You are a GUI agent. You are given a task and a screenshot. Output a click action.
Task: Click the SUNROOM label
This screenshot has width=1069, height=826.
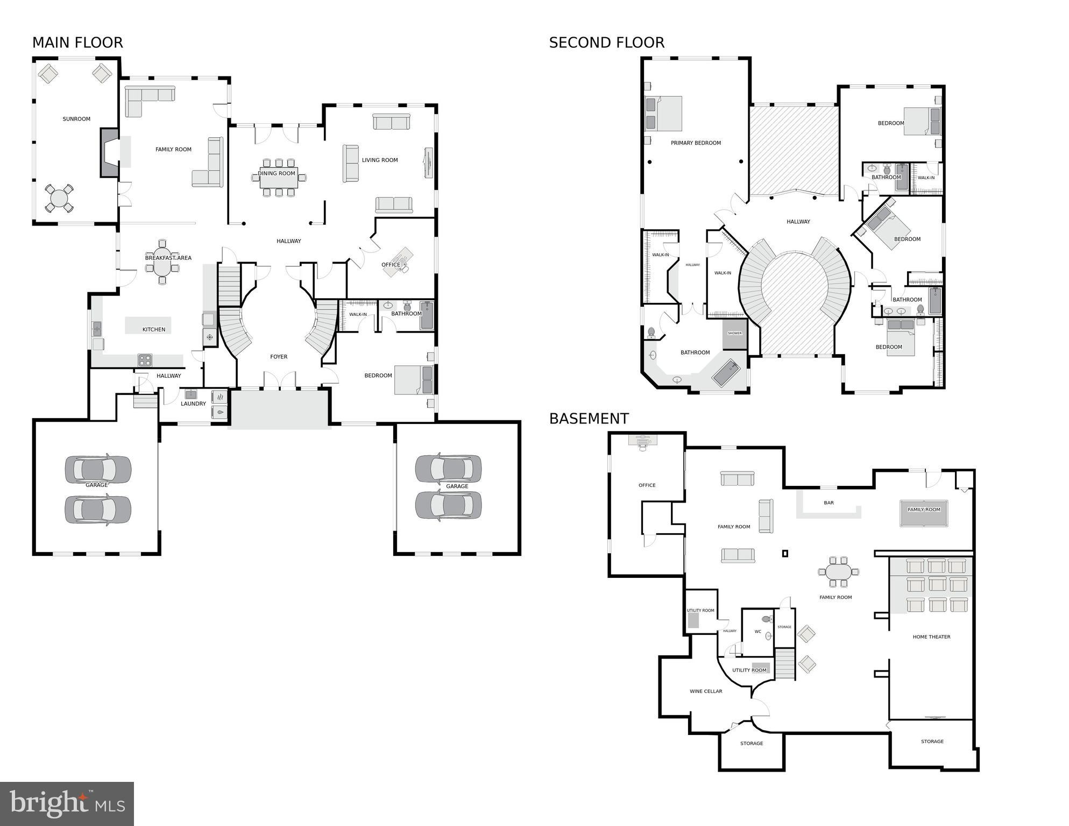click(x=76, y=119)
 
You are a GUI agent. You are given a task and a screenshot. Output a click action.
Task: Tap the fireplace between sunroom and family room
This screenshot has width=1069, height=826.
click(x=110, y=153)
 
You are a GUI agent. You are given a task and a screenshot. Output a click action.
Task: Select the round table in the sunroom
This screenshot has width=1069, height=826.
click(x=59, y=198)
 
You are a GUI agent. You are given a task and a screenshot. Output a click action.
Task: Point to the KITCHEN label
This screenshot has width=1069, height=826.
click(x=154, y=329)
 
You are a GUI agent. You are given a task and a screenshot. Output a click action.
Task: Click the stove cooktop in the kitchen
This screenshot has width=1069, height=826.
click(x=145, y=359)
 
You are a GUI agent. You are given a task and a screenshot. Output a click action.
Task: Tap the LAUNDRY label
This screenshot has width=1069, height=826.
click(x=193, y=404)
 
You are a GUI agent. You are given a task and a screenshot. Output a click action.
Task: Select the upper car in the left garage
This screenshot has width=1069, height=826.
click(x=98, y=469)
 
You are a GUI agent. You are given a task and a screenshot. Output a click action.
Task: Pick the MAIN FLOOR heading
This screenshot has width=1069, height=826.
click(x=77, y=43)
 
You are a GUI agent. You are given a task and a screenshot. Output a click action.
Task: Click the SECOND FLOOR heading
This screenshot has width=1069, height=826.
click(x=606, y=43)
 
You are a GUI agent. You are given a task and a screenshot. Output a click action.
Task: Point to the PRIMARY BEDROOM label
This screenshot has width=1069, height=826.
click(x=696, y=143)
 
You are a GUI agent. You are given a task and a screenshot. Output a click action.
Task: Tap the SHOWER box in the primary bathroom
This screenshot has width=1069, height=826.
click(x=734, y=334)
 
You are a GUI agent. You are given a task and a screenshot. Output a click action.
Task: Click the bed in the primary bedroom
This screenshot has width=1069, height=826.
click(x=663, y=114)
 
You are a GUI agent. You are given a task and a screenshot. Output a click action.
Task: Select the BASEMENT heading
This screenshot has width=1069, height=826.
click(x=589, y=419)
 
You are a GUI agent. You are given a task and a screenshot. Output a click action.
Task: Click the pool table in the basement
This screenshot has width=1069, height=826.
click(x=924, y=513)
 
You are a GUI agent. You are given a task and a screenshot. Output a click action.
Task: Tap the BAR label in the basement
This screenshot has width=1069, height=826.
click(x=829, y=503)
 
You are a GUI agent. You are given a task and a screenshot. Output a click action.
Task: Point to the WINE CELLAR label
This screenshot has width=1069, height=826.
click(x=706, y=691)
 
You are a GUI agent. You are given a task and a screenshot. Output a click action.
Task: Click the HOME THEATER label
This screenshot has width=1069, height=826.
click(x=931, y=637)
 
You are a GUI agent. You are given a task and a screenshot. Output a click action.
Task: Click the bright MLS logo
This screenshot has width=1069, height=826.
click(x=67, y=803)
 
